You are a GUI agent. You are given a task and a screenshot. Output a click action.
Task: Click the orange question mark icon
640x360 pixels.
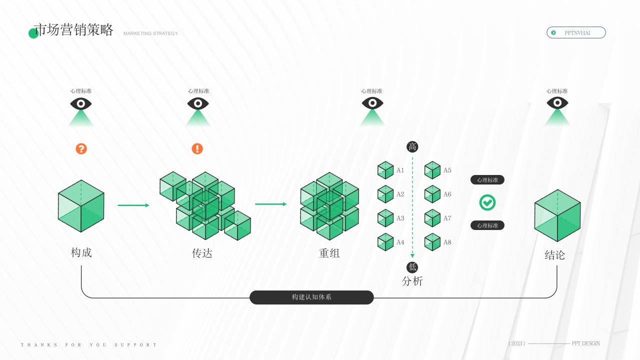(x=81, y=148)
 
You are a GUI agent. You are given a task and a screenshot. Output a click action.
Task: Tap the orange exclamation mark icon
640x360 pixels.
(x=197, y=148)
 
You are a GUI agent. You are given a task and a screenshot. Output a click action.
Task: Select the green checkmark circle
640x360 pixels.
(x=487, y=202)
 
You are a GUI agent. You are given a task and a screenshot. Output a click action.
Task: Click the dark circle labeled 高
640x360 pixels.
(x=412, y=146)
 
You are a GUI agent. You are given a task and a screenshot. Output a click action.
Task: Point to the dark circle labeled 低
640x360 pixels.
(x=412, y=267)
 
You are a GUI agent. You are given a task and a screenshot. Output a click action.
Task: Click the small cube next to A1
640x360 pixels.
(x=385, y=170)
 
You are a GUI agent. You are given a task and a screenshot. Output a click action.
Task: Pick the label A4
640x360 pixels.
(x=400, y=242)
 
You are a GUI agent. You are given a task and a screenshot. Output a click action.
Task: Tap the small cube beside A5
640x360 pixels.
(x=432, y=170)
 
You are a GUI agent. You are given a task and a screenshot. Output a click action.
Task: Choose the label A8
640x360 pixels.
(x=447, y=242)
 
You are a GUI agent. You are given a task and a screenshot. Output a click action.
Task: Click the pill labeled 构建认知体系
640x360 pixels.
(x=311, y=297)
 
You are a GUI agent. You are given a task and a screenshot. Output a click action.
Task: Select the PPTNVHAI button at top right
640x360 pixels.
(x=576, y=32)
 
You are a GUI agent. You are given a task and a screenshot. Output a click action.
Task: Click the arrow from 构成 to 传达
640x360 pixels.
(x=133, y=205)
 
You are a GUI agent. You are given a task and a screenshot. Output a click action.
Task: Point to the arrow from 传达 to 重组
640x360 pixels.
(x=271, y=204)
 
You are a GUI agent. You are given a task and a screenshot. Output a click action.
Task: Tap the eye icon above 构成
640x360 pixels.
(x=81, y=103)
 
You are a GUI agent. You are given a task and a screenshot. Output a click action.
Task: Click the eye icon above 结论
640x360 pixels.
(x=557, y=103)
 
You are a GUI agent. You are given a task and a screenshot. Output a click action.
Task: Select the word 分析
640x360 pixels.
(x=412, y=281)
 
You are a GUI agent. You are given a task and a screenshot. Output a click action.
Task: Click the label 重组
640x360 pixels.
(x=329, y=253)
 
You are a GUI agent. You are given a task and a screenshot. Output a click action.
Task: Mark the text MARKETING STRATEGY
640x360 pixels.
(x=150, y=33)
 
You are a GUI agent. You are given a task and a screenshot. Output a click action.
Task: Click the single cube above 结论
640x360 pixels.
(x=557, y=215)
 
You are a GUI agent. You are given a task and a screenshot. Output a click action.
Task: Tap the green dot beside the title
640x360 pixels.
(x=33, y=33)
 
